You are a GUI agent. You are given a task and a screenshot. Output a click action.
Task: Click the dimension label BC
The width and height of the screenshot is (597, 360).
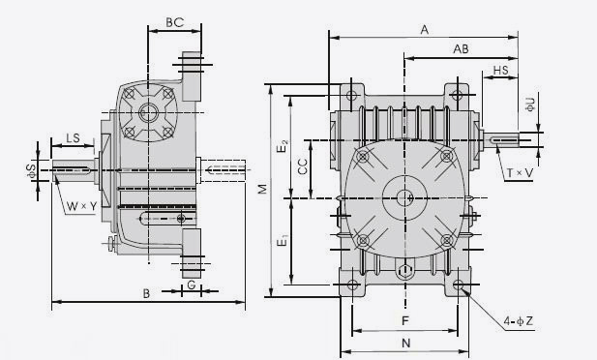click(x=175, y=22)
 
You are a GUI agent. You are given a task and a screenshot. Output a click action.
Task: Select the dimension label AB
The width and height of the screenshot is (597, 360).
click(x=461, y=48)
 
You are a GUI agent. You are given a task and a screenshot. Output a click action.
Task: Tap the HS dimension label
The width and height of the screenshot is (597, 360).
click(x=500, y=70)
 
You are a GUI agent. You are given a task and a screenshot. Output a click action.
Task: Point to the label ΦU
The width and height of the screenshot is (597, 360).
click(x=530, y=104)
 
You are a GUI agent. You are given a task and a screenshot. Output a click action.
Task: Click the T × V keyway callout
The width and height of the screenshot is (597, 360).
click(x=521, y=173)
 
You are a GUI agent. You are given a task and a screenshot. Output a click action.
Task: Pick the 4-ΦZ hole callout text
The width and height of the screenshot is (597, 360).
click(x=519, y=321)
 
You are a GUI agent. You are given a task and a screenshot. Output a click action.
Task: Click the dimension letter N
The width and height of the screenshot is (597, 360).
click(x=405, y=344)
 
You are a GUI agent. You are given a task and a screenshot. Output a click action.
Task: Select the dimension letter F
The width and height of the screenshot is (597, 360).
click(x=405, y=320)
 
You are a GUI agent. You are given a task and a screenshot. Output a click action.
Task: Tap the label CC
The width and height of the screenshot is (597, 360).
click(x=303, y=166)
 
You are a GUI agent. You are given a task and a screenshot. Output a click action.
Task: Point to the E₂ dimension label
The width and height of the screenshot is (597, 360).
click(x=283, y=146)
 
